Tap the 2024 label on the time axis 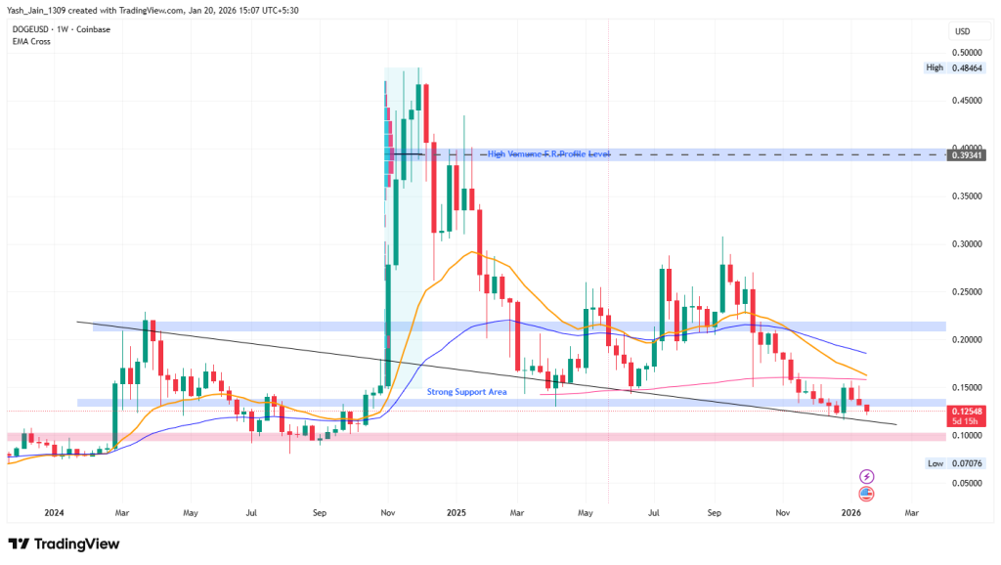point(54,511)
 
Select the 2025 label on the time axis point(455,511)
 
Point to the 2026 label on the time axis point(851,511)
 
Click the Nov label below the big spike point(387,511)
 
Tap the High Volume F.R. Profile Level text point(548,154)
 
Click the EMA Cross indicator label point(31,41)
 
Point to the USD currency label point(961,31)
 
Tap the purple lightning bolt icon point(866,476)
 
